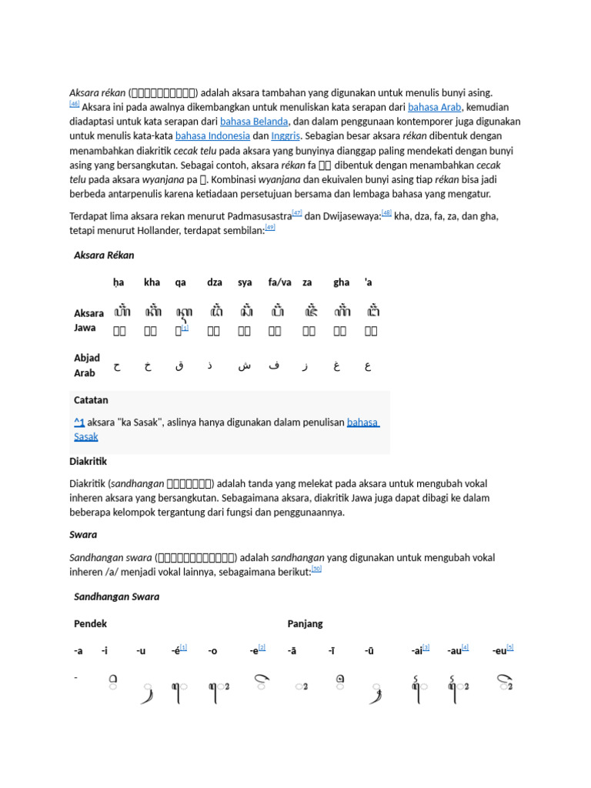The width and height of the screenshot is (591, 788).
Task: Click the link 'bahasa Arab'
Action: [434, 107]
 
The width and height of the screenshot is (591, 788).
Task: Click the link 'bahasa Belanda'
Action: [254, 122]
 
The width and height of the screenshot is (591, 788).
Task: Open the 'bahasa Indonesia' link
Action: [212, 136]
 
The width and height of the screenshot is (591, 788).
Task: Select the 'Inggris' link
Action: [285, 136]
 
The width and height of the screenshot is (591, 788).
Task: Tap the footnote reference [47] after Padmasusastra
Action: [297, 213]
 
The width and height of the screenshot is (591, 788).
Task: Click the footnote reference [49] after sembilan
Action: [269, 228]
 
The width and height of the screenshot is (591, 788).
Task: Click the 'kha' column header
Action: [152, 283]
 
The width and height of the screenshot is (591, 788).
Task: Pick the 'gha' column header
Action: [341, 283]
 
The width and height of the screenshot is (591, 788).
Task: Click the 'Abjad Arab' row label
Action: [86, 366]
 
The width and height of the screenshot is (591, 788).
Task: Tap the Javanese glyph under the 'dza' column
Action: [216, 312]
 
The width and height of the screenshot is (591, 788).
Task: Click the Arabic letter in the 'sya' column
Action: [245, 366]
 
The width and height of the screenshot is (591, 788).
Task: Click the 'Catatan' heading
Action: [91, 400]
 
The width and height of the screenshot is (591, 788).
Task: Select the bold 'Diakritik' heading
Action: [88, 462]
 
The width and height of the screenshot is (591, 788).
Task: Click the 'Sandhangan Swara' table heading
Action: [116, 597]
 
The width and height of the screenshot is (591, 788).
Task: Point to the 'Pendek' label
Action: [90, 624]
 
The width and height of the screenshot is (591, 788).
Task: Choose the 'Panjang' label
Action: [306, 624]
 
